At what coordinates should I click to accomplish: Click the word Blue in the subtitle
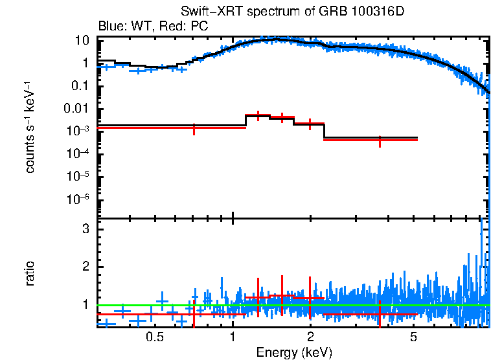pos(110,27)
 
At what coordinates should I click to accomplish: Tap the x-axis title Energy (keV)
pos(294,352)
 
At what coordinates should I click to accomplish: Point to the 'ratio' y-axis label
pos(30,273)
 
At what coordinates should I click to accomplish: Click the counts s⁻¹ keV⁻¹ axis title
pos(30,128)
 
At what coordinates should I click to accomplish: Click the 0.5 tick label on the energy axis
pos(154,337)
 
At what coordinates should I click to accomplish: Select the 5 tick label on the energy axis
pos(414,337)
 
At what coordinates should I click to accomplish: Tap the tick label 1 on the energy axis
pos(233,337)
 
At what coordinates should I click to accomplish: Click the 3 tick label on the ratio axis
pos(84,229)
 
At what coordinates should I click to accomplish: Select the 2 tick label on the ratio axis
pos(84,267)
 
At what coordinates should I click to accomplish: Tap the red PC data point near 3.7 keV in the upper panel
pos(380,140)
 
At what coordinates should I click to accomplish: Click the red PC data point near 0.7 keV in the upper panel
pos(194,128)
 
